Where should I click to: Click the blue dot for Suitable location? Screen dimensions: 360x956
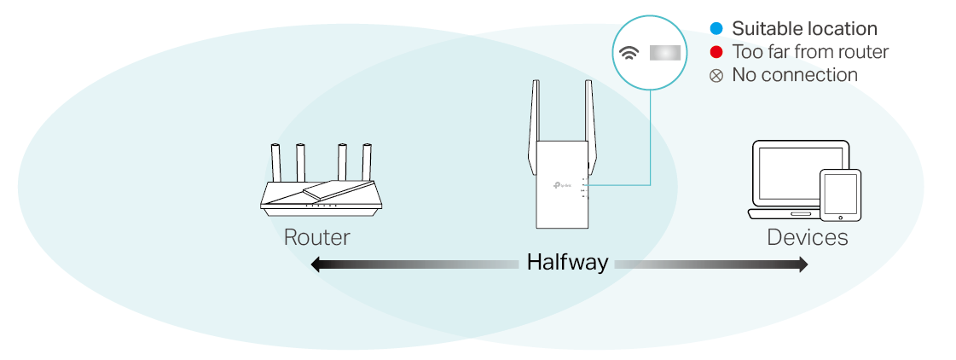pos(716,30)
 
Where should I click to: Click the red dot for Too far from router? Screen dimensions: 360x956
pos(716,53)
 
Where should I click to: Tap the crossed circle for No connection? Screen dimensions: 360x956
pos(716,76)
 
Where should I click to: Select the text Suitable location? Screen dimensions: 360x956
pos(804,30)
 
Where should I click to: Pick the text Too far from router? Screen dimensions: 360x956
pos(810,52)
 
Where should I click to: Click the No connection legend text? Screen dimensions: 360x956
pos(795,75)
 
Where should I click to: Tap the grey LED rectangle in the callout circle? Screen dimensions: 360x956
pos(664,53)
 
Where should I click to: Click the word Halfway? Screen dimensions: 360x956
pos(567,262)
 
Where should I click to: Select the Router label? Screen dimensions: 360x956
pos(316,237)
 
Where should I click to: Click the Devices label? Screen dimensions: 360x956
pos(807,237)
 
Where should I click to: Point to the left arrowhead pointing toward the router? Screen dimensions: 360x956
pos(316,265)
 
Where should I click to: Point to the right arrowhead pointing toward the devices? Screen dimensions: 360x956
pos(802,265)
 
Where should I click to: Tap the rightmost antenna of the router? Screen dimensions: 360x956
pos(368,162)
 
